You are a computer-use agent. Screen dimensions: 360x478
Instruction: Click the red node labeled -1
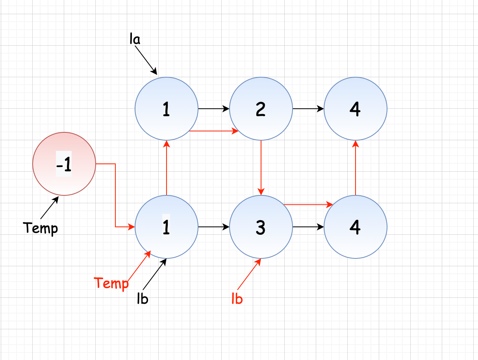(64, 164)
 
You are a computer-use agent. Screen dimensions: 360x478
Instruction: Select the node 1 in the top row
(167, 109)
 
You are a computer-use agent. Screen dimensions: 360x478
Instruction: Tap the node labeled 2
(261, 109)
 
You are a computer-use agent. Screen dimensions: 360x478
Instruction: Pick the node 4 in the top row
(356, 109)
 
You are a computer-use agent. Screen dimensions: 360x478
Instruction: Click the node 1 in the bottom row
(167, 227)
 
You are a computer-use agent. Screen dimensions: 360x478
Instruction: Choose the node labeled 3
(261, 227)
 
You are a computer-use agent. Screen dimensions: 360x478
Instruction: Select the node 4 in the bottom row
(356, 227)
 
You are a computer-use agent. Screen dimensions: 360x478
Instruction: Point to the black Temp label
(41, 228)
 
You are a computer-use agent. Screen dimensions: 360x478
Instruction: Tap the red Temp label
(111, 283)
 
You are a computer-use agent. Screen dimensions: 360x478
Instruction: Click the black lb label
(142, 299)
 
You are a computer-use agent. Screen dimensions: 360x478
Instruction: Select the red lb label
(237, 299)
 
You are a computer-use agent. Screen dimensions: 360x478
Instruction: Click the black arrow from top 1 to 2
(213, 108)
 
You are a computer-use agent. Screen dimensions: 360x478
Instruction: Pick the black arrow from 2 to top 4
(308, 108)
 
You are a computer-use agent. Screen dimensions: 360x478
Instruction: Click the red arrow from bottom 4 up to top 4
(356, 167)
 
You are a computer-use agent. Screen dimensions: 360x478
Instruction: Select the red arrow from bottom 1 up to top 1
(167, 167)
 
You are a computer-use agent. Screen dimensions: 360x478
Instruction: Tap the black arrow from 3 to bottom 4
(308, 227)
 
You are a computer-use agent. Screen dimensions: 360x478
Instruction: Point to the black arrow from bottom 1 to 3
(213, 227)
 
